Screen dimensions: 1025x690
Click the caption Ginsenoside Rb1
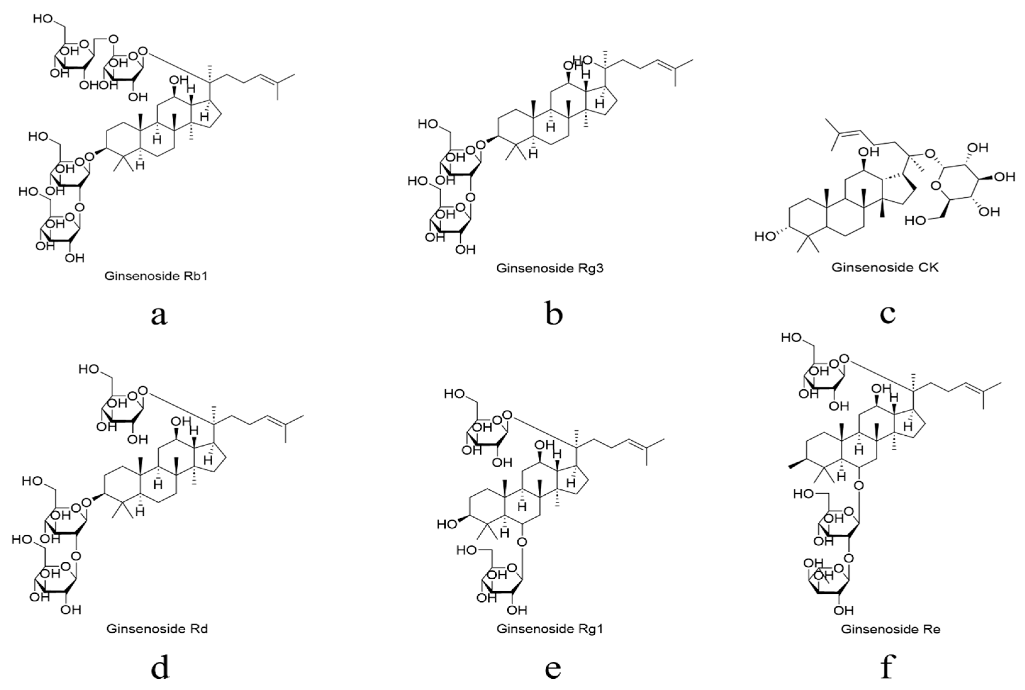tap(156, 276)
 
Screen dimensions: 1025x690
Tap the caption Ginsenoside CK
tap(885, 267)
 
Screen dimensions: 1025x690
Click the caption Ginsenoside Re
tap(891, 629)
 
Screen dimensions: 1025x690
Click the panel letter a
tap(159, 315)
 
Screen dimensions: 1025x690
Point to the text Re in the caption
tap(931, 629)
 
